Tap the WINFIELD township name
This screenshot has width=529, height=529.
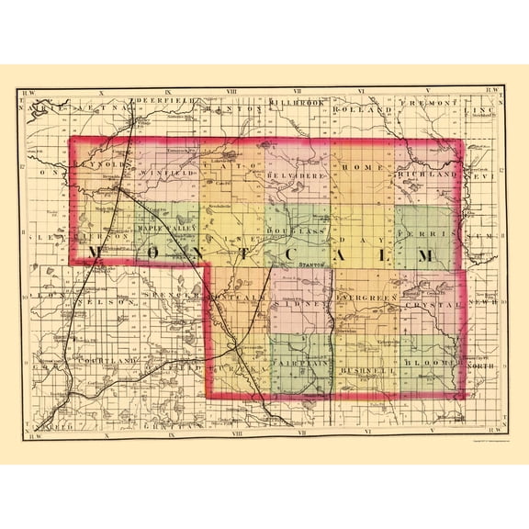tap(168, 171)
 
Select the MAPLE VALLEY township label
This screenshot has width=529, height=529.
tap(167, 228)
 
